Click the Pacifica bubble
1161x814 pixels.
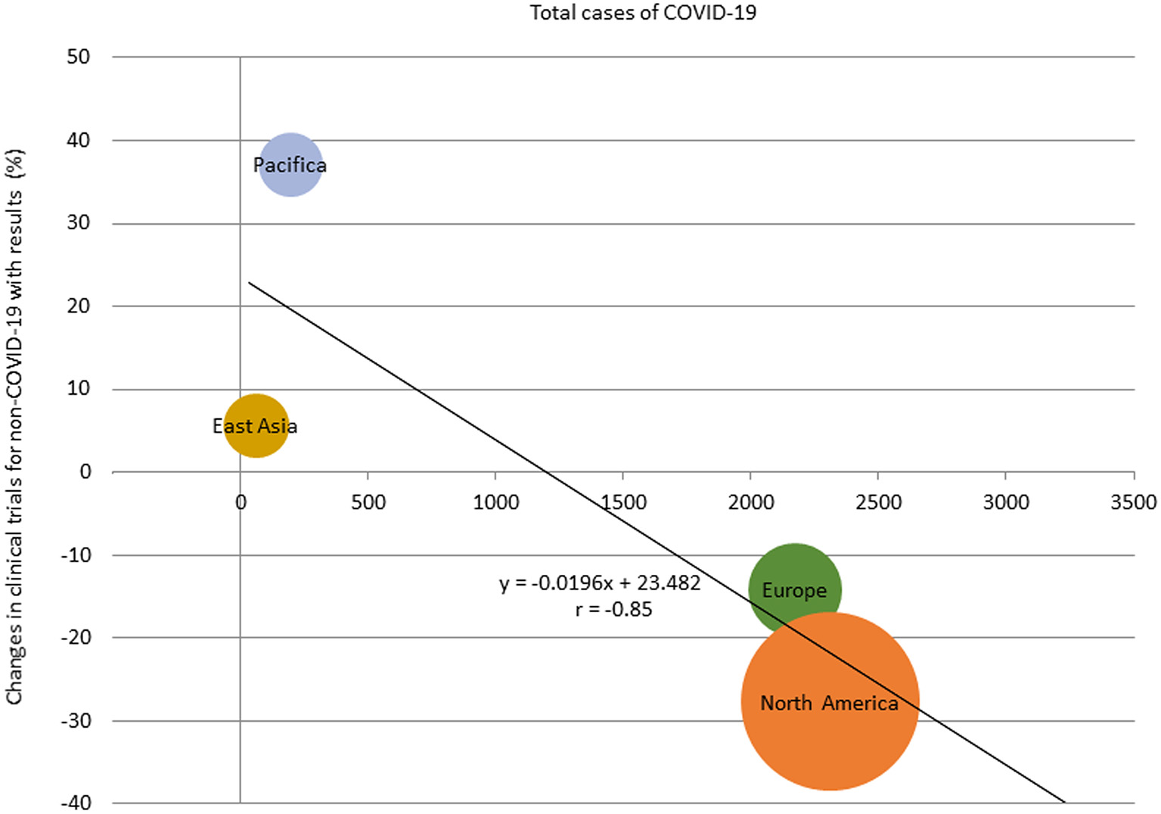(x=290, y=165)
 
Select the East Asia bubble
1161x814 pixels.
(x=256, y=426)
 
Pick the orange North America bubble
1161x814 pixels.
(x=830, y=702)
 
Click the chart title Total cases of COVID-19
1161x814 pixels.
(x=642, y=13)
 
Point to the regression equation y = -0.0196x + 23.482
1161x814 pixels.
(x=600, y=583)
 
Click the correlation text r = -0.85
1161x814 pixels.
(x=613, y=610)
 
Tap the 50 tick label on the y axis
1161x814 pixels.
(x=78, y=57)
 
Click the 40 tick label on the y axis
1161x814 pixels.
(x=78, y=140)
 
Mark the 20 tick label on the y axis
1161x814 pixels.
(x=78, y=306)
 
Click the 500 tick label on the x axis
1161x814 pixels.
(x=368, y=502)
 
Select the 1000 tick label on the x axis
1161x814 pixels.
(x=495, y=502)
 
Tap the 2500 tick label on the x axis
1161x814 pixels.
(x=878, y=502)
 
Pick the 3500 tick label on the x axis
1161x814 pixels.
(x=1133, y=502)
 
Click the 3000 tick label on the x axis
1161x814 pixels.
(x=1005, y=502)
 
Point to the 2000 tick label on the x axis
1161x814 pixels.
(x=750, y=502)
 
